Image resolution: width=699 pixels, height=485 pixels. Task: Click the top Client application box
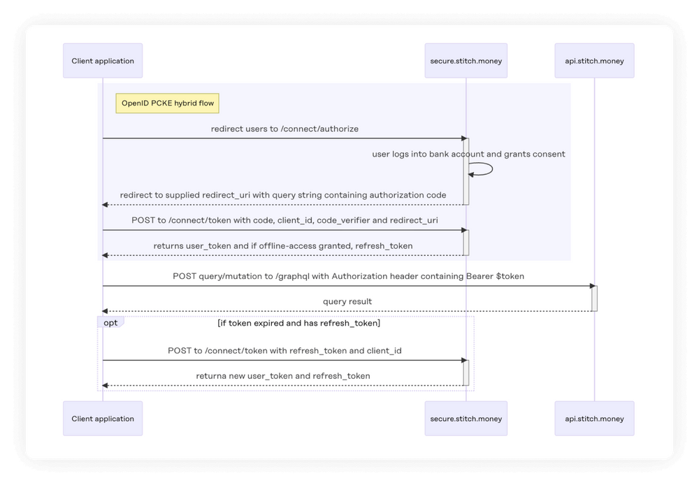[103, 61]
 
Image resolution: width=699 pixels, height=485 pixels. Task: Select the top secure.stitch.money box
[466, 61]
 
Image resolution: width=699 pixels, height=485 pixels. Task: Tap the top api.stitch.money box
[594, 61]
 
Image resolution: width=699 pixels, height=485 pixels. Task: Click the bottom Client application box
[103, 419]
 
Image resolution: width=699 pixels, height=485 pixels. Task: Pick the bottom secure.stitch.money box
[466, 419]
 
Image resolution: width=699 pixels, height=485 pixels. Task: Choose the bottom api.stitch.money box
[594, 419]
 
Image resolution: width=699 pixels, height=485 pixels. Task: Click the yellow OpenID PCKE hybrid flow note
[168, 104]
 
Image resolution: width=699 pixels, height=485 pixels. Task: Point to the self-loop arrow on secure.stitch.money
[483, 169]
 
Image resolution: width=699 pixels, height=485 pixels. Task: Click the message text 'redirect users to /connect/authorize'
[284, 129]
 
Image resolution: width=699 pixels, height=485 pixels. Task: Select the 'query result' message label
[347, 302]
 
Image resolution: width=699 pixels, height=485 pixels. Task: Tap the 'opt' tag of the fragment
[110, 322]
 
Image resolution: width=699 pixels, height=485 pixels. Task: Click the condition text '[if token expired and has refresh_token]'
[298, 323]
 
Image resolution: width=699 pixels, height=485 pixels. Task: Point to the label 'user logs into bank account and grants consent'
[468, 154]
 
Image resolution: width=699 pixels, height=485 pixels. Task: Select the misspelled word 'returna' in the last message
[211, 376]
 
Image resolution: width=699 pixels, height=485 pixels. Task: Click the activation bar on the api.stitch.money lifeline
[594, 298]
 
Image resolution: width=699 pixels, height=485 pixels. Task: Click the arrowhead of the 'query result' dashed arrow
[106, 311]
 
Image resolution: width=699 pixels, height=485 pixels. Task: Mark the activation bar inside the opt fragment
[466, 372]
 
